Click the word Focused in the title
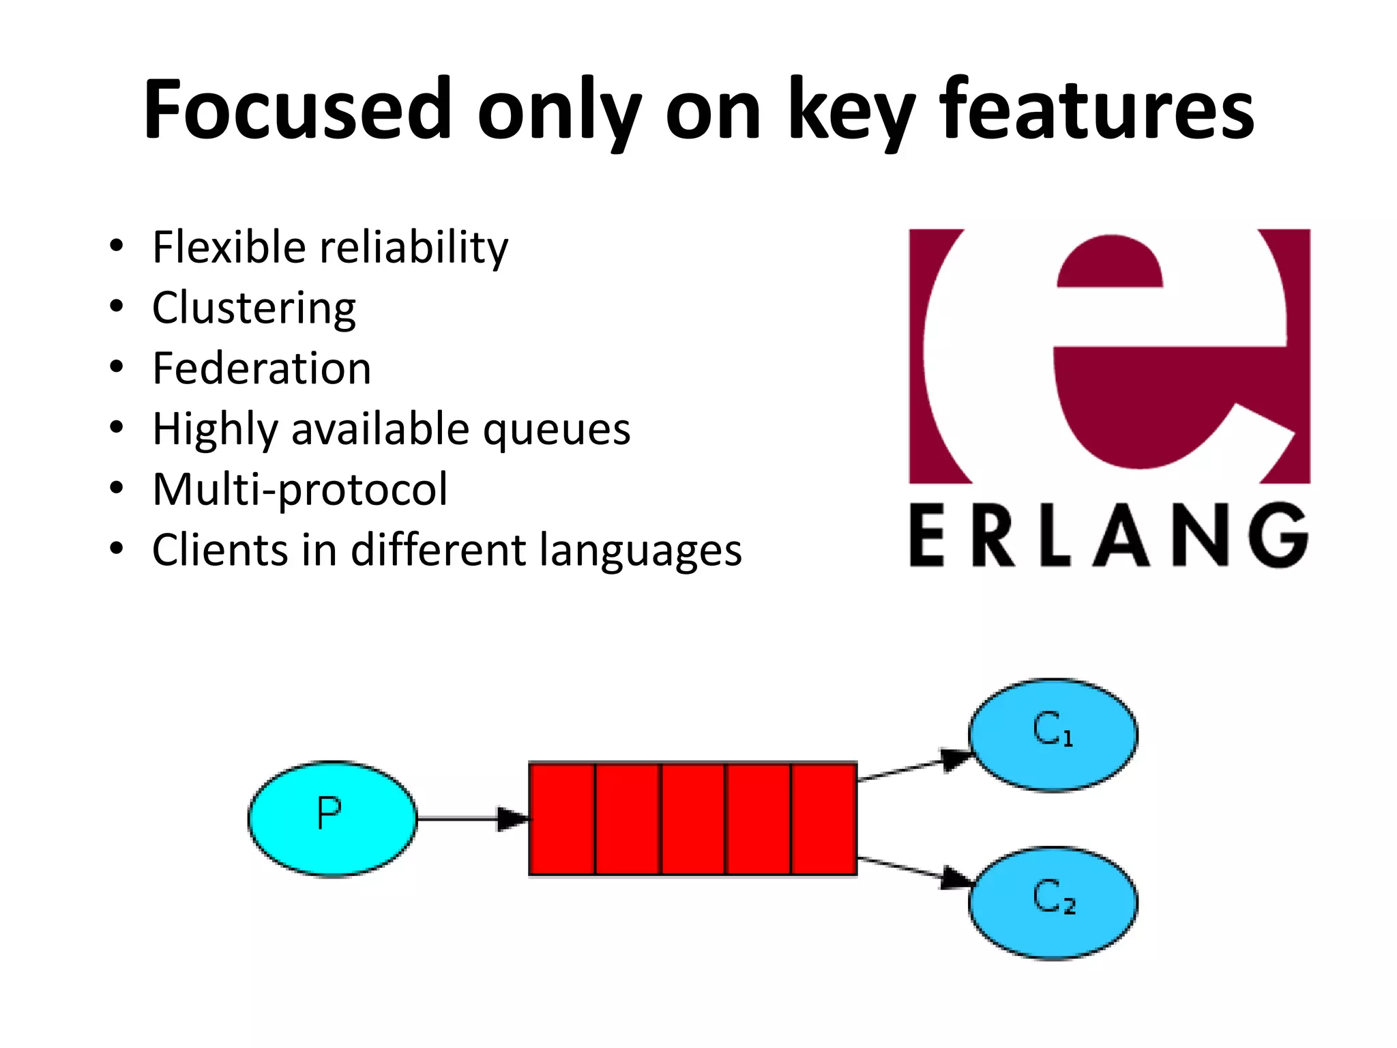coord(297,109)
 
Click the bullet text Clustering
coord(254,308)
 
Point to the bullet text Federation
coord(261,368)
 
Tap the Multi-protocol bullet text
coord(300,490)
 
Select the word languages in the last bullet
coord(640,551)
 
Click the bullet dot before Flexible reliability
coord(117,246)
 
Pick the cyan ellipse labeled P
coord(332,818)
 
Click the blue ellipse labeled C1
coord(1053,735)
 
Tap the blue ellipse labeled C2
coord(1053,903)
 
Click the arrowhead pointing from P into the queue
coord(512,818)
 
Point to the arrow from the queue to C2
coord(914,869)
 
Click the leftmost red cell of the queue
coord(562,818)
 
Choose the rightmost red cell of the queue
coord(824,818)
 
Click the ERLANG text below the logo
coord(1108,536)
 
